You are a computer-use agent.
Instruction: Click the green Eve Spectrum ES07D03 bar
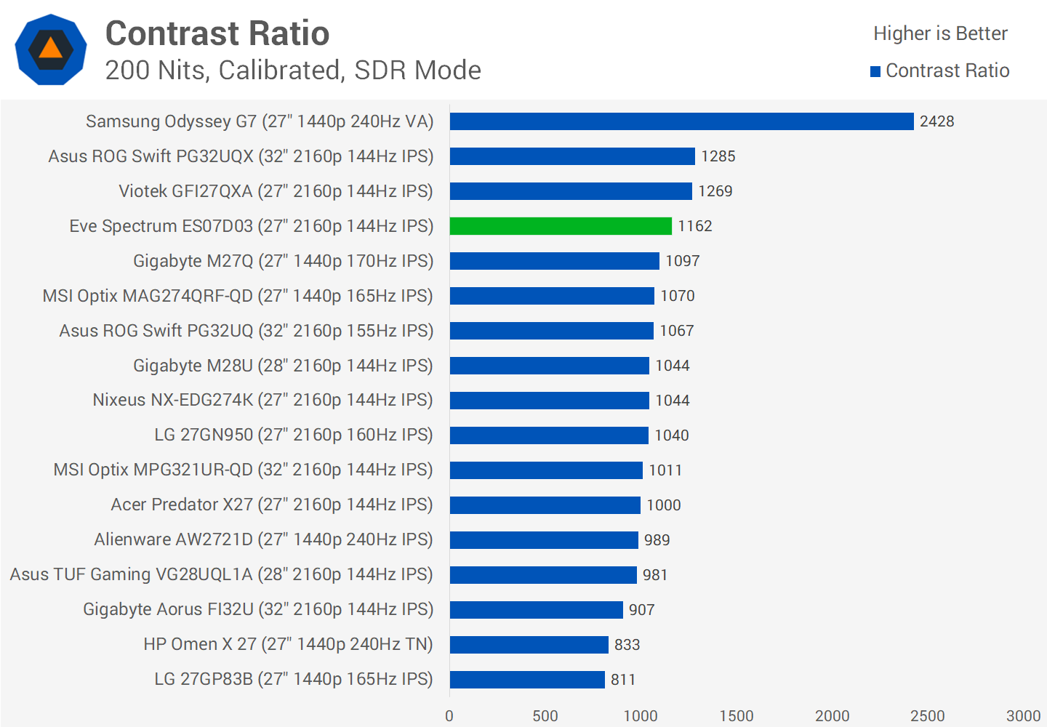[x=561, y=226]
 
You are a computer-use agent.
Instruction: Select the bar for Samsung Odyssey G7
[x=681, y=121]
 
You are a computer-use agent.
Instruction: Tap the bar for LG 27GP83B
[x=527, y=680]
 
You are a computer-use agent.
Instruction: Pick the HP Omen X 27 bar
[x=529, y=645]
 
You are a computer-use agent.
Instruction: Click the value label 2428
[x=936, y=121]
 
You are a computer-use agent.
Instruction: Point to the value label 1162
[x=694, y=226]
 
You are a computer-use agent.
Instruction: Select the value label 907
[x=641, y=610]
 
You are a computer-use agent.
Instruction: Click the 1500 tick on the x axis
[x=736, y=716]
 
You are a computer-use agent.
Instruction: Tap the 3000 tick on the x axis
[x=1023, y=716]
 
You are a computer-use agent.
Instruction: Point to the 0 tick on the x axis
[x=449, y=716]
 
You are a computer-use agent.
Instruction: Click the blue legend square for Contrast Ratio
[x=875, y=71]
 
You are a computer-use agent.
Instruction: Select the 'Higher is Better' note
[x=940, y=33]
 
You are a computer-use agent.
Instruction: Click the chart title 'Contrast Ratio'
[x=217, y=33]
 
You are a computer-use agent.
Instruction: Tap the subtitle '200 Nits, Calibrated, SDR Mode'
[x=293, y=71]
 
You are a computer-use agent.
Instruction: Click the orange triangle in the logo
[x=51, y=49]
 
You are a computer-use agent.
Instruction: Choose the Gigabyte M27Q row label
[x=283, y=261]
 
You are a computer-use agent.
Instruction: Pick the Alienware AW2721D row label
[x=263, y=539]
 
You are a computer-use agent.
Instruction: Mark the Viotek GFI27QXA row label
[x=276, y=191]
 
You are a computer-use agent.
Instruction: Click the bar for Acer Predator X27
[x=545, y=505]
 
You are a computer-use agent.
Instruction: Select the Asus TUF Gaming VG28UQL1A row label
[x=221, y=574]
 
